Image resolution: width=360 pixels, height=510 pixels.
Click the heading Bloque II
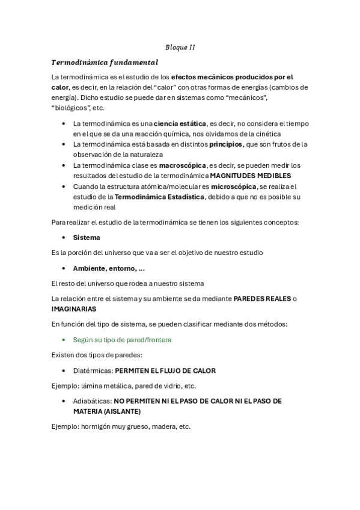(180, 47)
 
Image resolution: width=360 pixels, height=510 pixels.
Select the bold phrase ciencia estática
(180, 123)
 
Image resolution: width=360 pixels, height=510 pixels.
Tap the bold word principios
(226, 144)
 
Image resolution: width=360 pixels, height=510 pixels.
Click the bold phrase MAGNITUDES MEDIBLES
(250, 176)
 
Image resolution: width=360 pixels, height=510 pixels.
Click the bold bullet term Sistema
(87, 238)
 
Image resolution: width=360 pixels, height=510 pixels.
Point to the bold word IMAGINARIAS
(73, 309)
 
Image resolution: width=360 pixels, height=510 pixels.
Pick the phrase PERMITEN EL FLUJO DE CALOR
(165, 370)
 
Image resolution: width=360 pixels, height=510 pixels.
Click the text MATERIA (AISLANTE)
(107, 411)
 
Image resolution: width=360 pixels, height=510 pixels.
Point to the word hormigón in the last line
(97, 426)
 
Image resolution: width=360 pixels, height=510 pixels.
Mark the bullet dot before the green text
(64, 340)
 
